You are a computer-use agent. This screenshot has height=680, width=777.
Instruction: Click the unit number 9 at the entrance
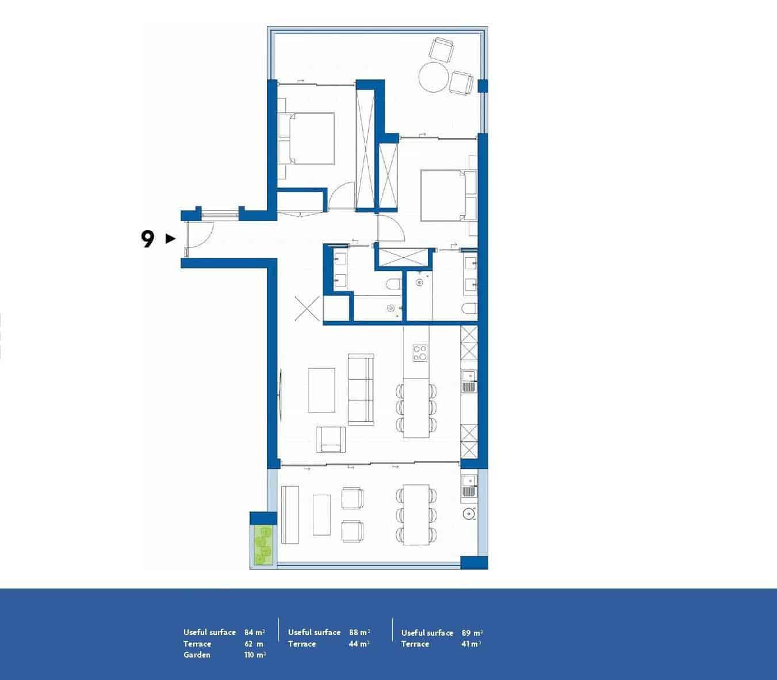pyautogui.click(x=148, y=239)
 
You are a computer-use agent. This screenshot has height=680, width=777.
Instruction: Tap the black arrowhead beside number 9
pyautogui.click(x=170, y=238)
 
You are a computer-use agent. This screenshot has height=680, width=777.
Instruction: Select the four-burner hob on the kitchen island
pyautogui.click(x=420, y=352)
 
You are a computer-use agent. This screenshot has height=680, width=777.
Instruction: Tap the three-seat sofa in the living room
pyautogui.click(x=361, y=390)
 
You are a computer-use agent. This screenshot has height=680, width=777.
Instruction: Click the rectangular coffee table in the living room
pyautogui.click(x=321, y=390)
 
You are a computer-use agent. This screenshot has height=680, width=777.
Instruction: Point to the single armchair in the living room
pyautogui.click(x=332, y=440)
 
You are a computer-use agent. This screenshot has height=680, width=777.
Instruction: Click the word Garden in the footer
pyautogui.click(x=197, y=655)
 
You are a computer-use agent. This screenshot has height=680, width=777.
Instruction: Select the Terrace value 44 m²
pyautogui.click(x=359, y=644)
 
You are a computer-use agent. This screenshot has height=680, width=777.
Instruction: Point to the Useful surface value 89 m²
pyautogui.click(x=472, y=633)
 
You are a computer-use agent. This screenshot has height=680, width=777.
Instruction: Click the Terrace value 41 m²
pyautogui.click(x=471, y=644)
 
